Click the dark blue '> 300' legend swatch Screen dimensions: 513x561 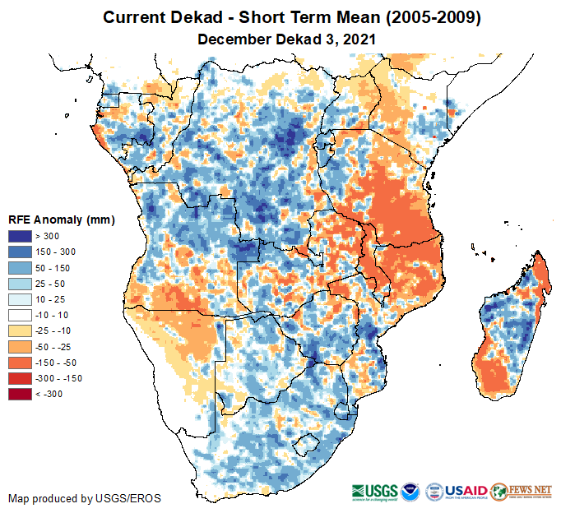pos(21,237)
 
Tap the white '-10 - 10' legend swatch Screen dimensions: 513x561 pos(21,316)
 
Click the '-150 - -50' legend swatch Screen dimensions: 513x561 pos(21,363)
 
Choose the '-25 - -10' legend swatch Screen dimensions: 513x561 pos(21,331)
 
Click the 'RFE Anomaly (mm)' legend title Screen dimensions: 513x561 pos(62,220)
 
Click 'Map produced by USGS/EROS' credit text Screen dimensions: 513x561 pos(85,498)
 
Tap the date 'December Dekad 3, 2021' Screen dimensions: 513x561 pos(280,38)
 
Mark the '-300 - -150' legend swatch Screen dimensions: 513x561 pos(21,379)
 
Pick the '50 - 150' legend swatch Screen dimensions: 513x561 pos(21,268)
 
